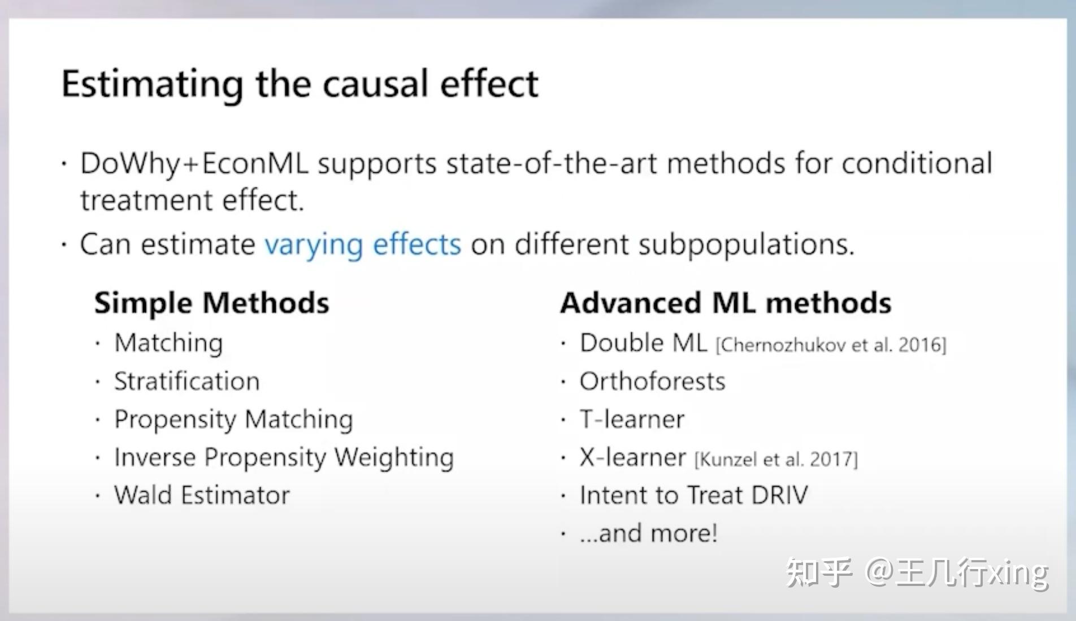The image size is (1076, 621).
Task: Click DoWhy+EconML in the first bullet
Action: (x=194, y=164)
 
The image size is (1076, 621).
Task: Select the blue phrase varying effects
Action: (x=363, y=245)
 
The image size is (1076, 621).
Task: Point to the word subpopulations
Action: (x=746, y=245)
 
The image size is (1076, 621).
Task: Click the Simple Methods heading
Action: (x=211, y=303)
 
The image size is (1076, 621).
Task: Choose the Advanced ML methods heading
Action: (x=726, y=303)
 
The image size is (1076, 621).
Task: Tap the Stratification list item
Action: (x=187, y=382)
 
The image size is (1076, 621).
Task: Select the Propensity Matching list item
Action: (x=233, y=419)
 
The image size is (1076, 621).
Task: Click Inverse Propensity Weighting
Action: (x=284, y=457)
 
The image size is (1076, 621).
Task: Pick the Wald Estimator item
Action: (x=202, y=495)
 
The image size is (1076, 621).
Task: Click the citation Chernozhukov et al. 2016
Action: (x=831, y=345)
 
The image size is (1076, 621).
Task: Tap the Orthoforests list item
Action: (x=652, y=382)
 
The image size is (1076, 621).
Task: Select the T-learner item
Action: (x=632, y=419)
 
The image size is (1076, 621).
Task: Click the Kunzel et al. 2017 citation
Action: (x=776, y=459)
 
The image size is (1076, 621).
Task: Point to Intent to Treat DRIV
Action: (x=694, y=495)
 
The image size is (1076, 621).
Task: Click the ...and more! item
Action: (x=648, y=533)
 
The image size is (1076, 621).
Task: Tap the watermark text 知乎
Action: (x=818, y=572)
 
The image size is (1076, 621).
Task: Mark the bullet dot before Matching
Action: (x=98, y=343)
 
